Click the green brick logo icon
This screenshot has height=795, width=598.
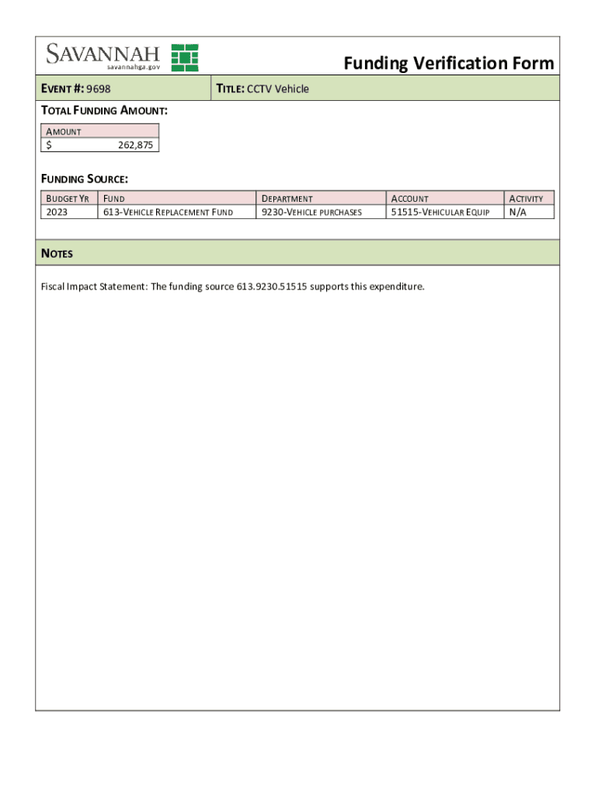click(185, 57)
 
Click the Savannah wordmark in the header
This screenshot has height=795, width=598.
click(103, 54)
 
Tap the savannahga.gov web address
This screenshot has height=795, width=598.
click(134, 68)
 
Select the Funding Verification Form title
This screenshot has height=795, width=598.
click(449, 63)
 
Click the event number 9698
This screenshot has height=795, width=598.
click(103, 89)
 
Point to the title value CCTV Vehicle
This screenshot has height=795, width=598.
click(278, 89)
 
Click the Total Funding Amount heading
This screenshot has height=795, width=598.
click(104, 110)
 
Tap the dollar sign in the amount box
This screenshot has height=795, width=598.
click(49, 144)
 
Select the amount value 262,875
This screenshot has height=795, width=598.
click(135, 144)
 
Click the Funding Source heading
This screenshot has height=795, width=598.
click(84, 179)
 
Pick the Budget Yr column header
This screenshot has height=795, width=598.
click(68, 199)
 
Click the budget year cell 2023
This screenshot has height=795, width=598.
click(57, 212)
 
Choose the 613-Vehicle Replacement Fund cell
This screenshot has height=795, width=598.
click(167, 212)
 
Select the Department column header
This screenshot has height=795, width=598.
click(287, 199)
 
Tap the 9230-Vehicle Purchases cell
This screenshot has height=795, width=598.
click(311, 212)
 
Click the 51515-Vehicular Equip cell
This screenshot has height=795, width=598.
click(440, 212)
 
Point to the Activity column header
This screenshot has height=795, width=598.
click(526, 199)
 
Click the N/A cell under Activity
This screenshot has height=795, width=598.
click(517, 212)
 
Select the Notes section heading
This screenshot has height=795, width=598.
click(57, 254)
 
